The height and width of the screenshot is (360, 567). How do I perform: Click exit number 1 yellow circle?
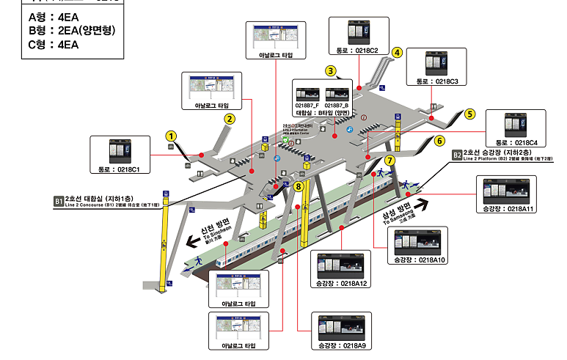pyautogui.click(x=171, y=136)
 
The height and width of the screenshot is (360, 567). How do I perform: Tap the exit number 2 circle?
pyautogui.click(x=230, y=119)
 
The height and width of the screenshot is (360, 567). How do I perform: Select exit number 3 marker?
pyautogui.click(x=331, y=71)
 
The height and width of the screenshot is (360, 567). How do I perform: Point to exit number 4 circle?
pyautogui.click(x=397, y=52)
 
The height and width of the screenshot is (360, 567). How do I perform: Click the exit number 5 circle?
pyautogui.click(x=470, y=114)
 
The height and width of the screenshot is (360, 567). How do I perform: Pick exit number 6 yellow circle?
pyautogui.click(x=439, y=141)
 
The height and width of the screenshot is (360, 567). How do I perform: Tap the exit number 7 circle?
pyautogui.click(x=389, y=160)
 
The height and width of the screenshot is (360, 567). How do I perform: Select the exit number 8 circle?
pyautogui.click(x=298, y=187)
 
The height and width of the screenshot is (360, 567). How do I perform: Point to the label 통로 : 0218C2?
pyautogui.click(x=356, y=51)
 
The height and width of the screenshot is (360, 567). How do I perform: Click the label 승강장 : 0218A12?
pyautogui.click(x=343, y=283)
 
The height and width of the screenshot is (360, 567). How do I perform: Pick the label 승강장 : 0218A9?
pyautogui.click(x=341, y=344)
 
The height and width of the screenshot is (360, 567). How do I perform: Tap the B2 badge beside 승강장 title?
pyautogui.click(x=456, y=155)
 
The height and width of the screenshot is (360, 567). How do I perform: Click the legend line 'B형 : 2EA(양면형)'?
pyautogui.click(x=72, y=30)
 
